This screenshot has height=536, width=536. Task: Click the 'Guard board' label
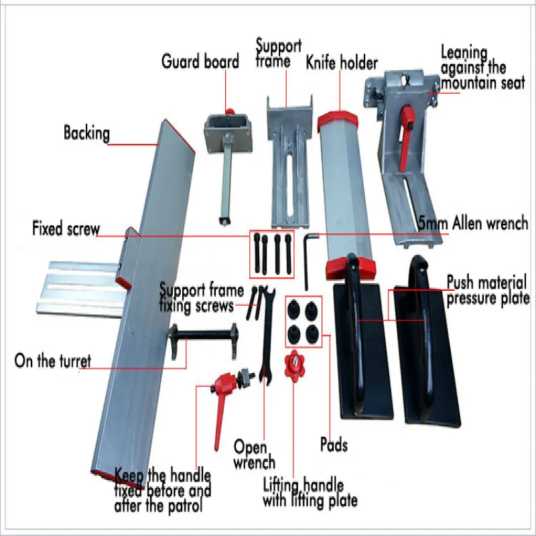pos(200,62)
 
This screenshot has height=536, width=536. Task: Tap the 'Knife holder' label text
pos(342,64)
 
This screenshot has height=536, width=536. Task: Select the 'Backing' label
pos(86,133)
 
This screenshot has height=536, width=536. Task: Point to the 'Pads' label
pos(333,444)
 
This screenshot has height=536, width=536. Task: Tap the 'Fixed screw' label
pos(66,229)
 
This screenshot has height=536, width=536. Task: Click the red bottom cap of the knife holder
pos(344,269)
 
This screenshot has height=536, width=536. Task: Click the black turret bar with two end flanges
pos(205,335)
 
